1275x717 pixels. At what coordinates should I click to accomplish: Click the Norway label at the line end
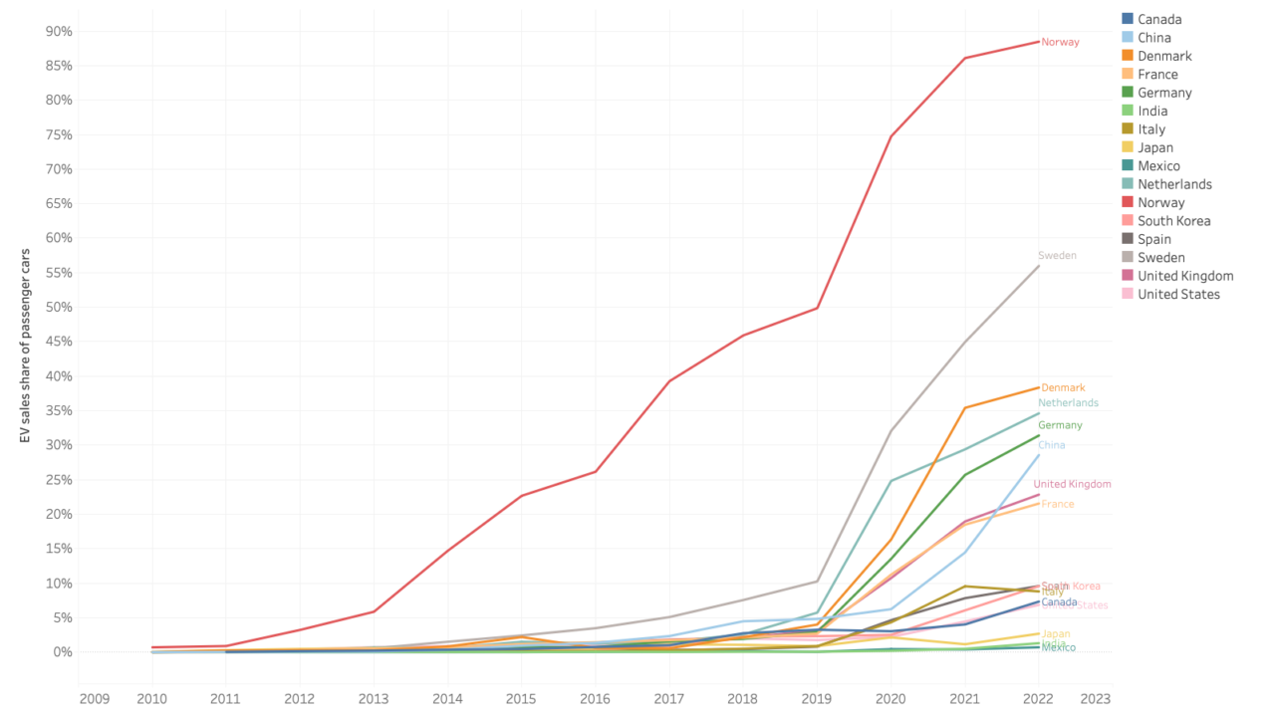(x=1060, y=43)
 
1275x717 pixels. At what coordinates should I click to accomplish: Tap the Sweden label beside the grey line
(x=1057, y=256)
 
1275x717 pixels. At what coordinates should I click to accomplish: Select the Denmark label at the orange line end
(x=1063, y=387)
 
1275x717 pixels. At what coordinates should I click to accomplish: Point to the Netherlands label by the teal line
(x=1068, y=403)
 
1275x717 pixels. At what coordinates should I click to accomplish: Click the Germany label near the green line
(x=1060, y=425)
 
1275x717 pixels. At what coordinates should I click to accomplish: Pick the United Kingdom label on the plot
(x=1072, y=484)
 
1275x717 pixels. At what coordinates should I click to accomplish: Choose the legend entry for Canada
(x=1159, y=19)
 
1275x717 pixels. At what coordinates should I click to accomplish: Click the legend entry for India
(x=1152, y=111)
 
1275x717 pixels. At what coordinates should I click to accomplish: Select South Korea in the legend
(x=1173, y=221)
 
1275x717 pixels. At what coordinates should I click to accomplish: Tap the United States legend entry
(x=1178, y=294)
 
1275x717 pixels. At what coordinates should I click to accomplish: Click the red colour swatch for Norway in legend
(x=1128, y=202)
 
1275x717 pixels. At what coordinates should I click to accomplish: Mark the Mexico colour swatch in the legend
(x=1128, y=166)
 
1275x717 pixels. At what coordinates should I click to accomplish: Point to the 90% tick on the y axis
(x=59, y=32)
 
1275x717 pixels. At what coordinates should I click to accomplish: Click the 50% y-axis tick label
(x=59, y=307)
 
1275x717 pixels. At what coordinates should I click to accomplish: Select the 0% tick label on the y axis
(x=62, y=651)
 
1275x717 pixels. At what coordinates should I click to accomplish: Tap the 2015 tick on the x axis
(x=521, y=699)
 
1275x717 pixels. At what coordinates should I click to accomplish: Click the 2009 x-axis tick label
(x=95, y=699)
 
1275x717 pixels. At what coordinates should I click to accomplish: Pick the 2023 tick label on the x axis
(x=1095, y=699)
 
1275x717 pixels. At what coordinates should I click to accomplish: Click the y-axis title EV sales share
(x=26, y=346)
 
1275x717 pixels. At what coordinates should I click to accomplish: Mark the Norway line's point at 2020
(x=891, y=136)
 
